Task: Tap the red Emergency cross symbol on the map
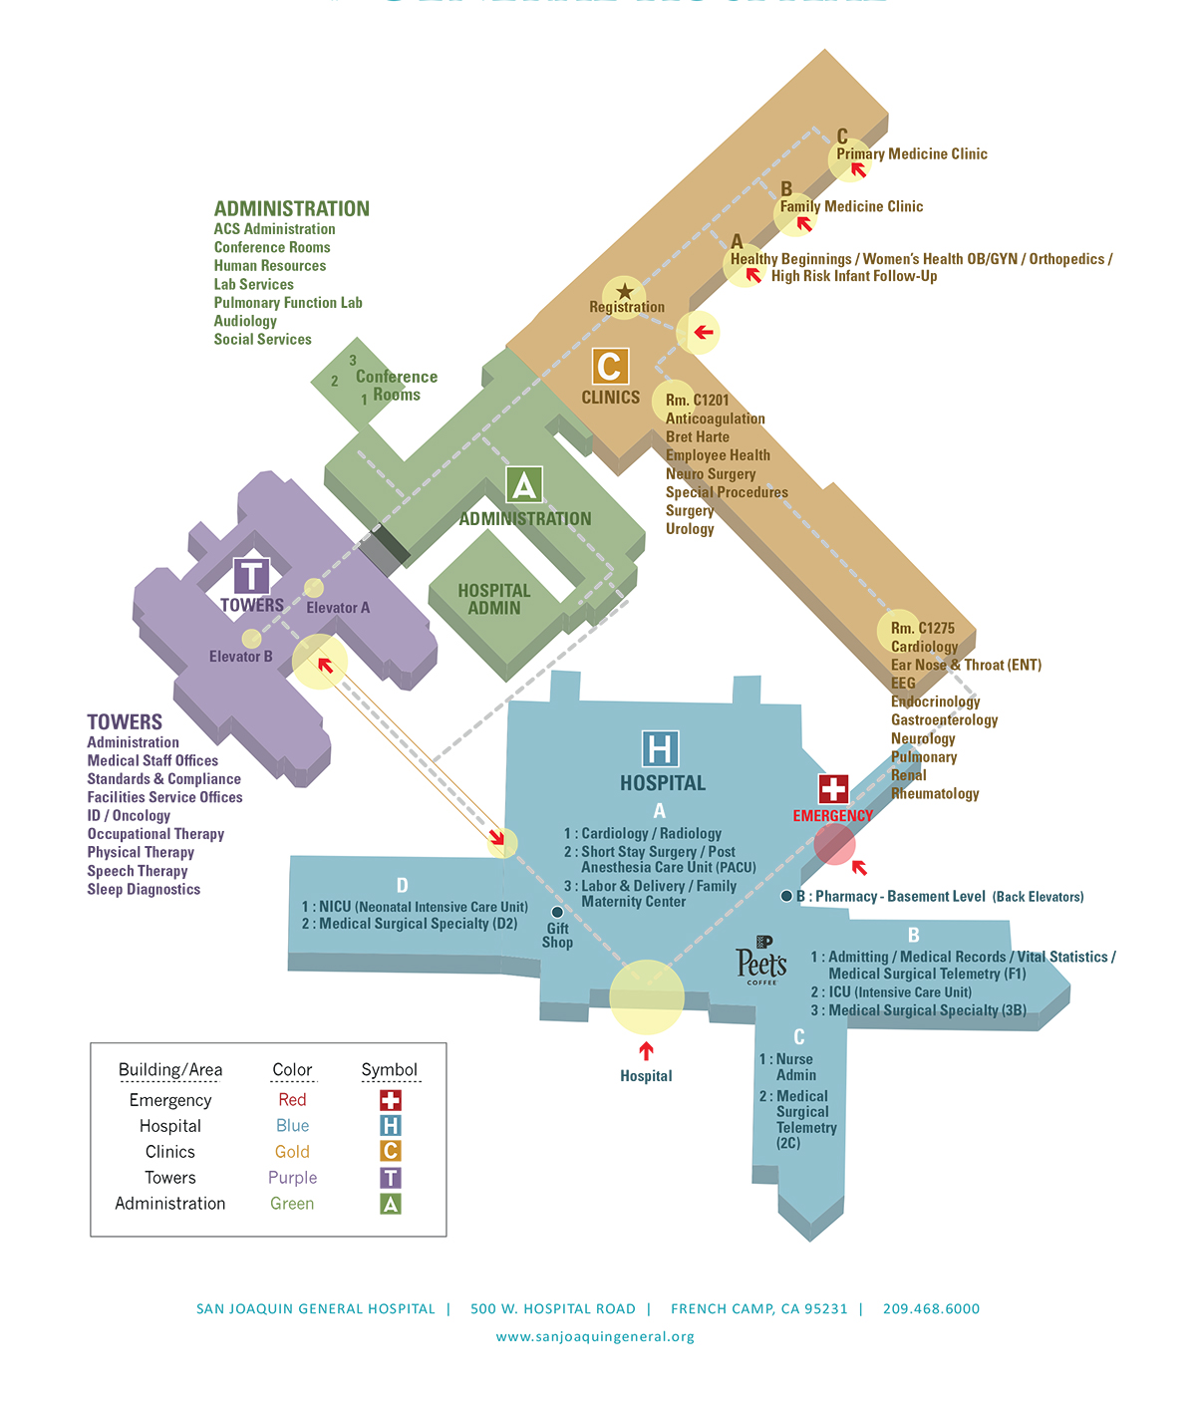[833, 789]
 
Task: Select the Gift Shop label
[557, 935]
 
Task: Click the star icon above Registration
[625, 292]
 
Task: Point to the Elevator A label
[338, 608]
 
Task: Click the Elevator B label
[240, 657]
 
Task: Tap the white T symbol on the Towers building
[251, 577]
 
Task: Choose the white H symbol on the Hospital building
[660, 749]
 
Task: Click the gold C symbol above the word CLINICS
[610, 367]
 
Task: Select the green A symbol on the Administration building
[524, 485]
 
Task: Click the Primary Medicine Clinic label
[912, 154]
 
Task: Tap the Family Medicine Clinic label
[851, 207]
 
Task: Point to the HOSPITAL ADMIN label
[494, 599]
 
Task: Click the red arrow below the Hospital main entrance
[647, 1050]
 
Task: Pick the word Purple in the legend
[292, 1178]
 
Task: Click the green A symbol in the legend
[391, 1204]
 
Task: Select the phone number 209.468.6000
[931, 1309]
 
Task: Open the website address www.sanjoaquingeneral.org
[595, 1337]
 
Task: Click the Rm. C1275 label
[922, 629]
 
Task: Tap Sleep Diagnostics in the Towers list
[144, 890]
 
